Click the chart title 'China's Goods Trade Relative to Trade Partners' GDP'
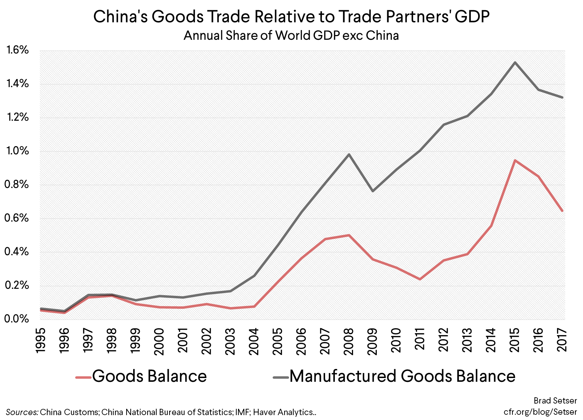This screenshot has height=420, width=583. (x=291, y=17)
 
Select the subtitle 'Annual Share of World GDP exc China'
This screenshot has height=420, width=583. (x=291, y=36)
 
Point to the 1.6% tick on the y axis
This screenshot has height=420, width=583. (x=17, y=50)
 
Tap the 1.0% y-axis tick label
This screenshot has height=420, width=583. (x=17, y=151)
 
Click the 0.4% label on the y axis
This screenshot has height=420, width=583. (x=17, y=252)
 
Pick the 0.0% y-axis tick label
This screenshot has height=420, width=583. (x=17, y=319)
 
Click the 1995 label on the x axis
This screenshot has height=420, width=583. (x=41, y=341)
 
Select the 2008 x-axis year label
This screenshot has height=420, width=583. (x=349, y=341)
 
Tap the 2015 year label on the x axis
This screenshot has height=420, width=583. (x=515, y=341)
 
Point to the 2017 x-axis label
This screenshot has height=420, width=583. (x=562, y=341)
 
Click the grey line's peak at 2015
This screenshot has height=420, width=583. (x=515, y=63)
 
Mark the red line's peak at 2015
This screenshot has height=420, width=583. (x=515, y=161)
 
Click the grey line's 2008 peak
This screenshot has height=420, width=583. (x=349, y=154)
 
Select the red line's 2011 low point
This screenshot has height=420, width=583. (x=420, y=279)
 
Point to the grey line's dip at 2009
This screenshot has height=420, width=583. (x=373, y=191)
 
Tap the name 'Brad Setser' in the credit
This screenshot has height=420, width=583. (x=555, y=401)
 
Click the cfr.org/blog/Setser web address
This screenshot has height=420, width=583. (x=540, y=412)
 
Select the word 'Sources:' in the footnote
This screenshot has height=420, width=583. (x=22, y=412)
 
